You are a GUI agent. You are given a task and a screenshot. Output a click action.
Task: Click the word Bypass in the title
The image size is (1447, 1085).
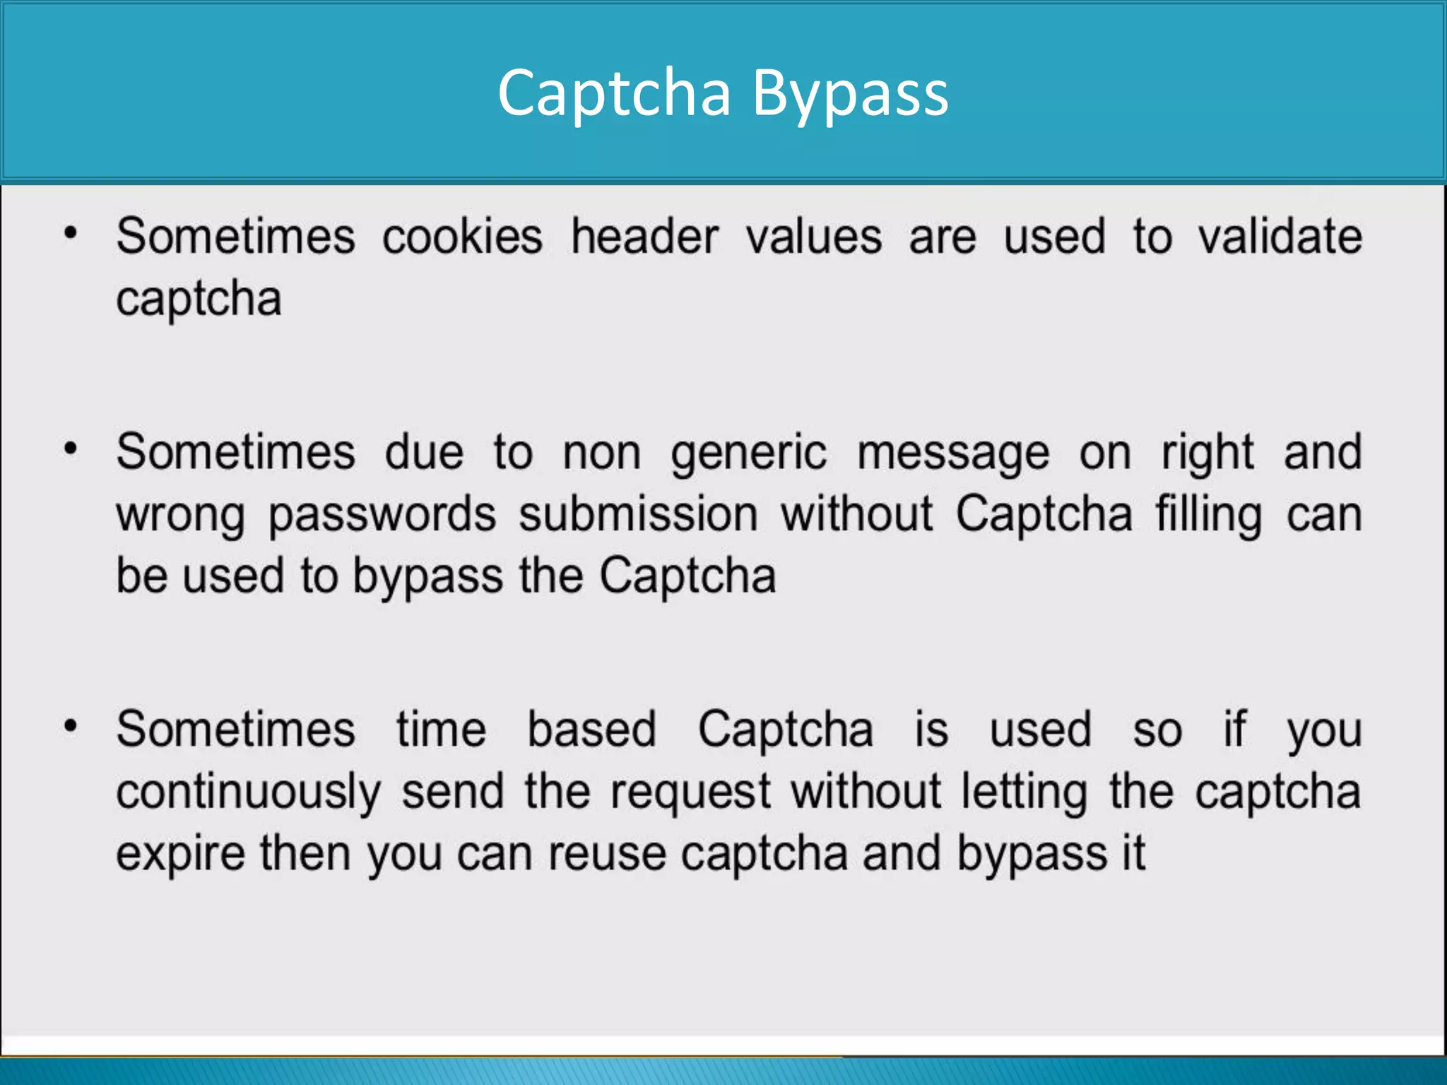[x=850, y=94]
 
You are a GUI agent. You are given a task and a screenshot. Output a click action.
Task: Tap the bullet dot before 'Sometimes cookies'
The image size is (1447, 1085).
[x=70, y=232]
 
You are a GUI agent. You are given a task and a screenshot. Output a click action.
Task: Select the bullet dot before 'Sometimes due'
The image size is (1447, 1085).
[x=70, y=449]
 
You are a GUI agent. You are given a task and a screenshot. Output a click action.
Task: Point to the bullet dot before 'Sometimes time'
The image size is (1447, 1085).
[x=70, y=725]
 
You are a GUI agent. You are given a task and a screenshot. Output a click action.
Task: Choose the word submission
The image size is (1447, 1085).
[x=638, y=514]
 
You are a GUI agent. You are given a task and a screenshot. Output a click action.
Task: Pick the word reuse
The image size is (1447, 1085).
[x=607, y=854]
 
